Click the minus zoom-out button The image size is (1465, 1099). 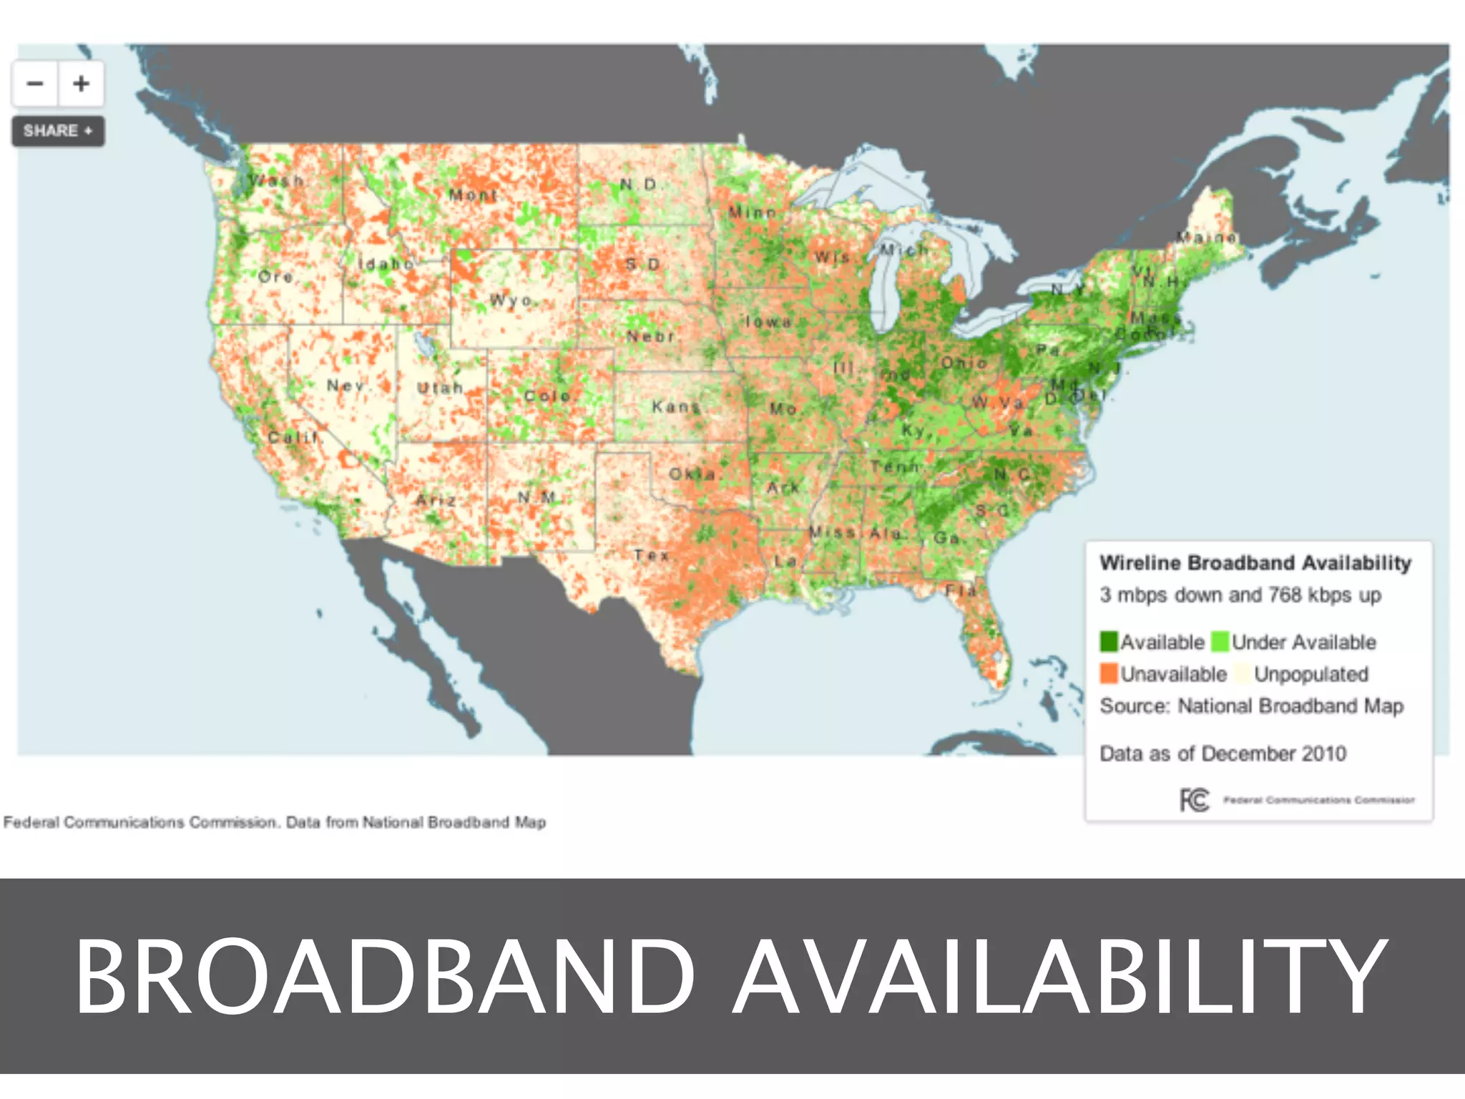pyautogui.click(x=35, y=84)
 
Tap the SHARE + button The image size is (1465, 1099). pyautogui.click(x=58, y=131)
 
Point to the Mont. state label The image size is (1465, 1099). pyautogui.click(x=473, y=195)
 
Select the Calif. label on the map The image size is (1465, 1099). pyautogui.click(x=293, y=436)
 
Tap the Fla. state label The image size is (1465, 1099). pyautogui.click(x=961, y=590)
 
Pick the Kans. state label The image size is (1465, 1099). pyautogui.click(x=675, y=406)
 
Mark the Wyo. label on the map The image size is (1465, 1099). pyautogui.click(x=511, y=300)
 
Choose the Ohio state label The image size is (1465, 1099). pyautogui.click(x=964, y=363)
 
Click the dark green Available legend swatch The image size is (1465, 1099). pyautogui.click(x=1109, y=642)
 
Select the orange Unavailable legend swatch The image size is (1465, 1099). pyautogui.click(x=1109, y=673)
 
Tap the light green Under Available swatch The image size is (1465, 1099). pyautogui.click(x=1220, y=642)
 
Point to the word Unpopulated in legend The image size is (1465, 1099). pyautogui.click(x=1310, y=674)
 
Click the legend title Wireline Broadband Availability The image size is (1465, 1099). pyautogui.click(x=1255, y=563)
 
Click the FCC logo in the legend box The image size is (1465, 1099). pyautogui.click(x=1194, y=800)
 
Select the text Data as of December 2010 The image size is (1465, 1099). pyautogui.click(x=1223, y=753)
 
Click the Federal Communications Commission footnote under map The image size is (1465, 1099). pyautogui.click(x=275, y=822)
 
